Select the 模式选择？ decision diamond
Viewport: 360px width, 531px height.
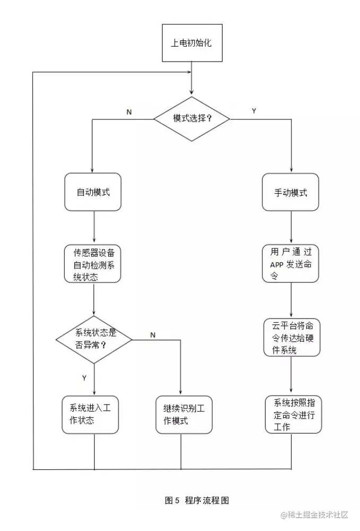coord(192,118)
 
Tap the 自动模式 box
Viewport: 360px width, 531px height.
coord(93,192)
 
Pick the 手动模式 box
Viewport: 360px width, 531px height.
coord(291,192)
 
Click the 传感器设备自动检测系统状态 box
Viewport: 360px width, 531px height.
coord(93,263)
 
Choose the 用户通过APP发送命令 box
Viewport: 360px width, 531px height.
coord(291,263)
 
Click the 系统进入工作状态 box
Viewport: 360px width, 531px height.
coord(90,415)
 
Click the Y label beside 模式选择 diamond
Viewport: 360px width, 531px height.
coord(254,111)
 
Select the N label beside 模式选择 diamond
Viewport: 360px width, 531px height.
coord(129,112)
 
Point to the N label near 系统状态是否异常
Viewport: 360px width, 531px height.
coord(153,335)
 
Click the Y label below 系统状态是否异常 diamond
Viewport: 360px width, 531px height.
coord(84,378)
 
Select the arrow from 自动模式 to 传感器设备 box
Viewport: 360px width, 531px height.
coord(94,227)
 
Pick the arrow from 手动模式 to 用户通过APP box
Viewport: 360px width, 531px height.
coord(291,227)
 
